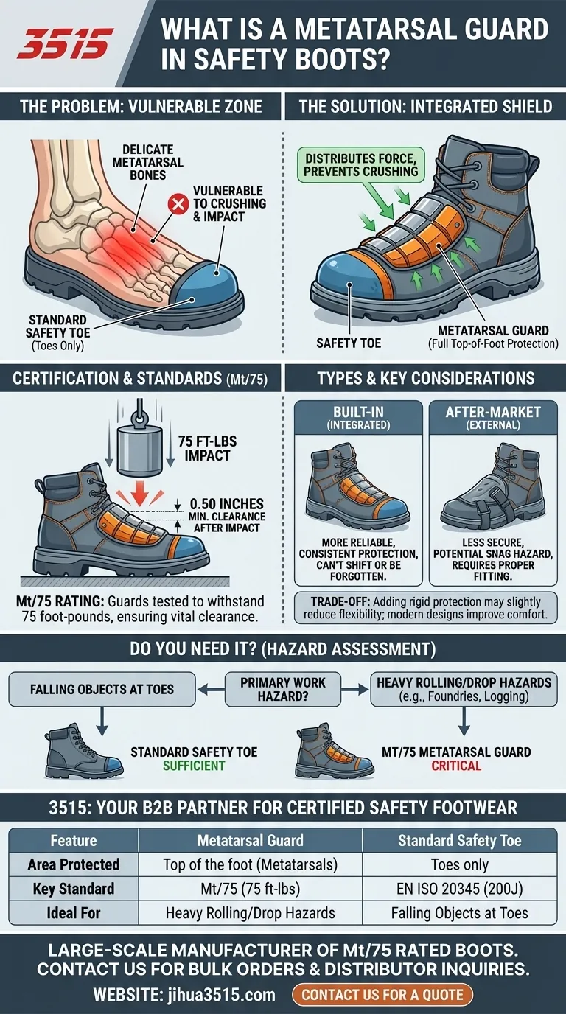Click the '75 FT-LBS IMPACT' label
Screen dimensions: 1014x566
point(208,448)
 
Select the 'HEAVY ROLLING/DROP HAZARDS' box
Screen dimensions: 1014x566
point(464,689)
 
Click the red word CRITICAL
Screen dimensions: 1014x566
point(457,766)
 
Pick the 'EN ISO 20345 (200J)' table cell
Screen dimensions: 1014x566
point(460,888)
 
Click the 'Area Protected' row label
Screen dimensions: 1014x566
point(74,864)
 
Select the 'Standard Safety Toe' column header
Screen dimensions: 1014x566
point(460,840)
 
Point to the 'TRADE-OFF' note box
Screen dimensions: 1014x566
point(425,609)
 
